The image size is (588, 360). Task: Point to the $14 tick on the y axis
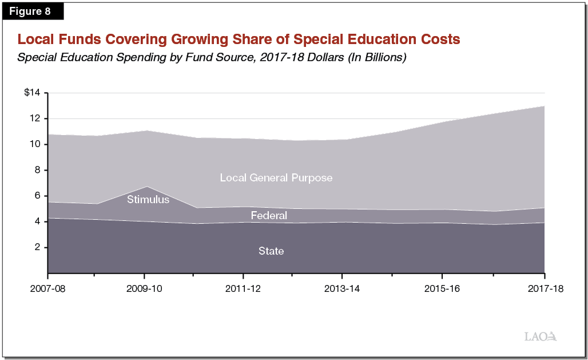pos(33,93)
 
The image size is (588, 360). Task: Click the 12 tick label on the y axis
pos(36,118)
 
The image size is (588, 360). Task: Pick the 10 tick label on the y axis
pos(36,144)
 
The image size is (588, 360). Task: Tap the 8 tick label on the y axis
pos(38,170)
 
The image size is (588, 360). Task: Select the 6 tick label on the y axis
pos(38,196)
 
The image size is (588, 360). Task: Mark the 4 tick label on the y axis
pos(38,221)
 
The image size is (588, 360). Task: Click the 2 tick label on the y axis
pos(38,247)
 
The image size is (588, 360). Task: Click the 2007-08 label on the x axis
pos(48,289)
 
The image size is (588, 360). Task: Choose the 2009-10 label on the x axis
pos(144,289)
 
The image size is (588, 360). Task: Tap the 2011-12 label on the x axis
pos(243,289)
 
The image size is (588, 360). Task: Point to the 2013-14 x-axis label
pos(342,289)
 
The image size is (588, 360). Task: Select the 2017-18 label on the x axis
pos(544,289)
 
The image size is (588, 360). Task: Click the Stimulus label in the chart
pos(148,200)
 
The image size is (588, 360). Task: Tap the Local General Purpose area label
pos(276,178)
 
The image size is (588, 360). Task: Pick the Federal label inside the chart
pos(269,216)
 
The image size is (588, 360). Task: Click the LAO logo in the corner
pos(541,337)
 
